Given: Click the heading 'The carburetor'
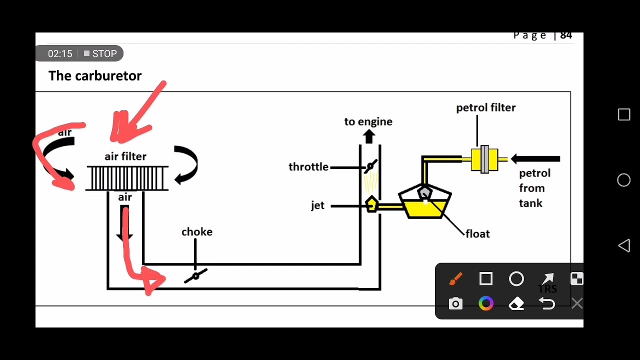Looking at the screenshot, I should (x=95, y=76).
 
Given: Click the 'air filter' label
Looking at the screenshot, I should (x=125, y=156).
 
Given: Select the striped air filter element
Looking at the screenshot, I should (x=127, y=178).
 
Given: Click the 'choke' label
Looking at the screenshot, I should (x=196, y=232).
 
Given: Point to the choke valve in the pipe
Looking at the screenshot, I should (x=195, y=275).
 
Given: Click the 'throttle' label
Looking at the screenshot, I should (x=308, y=167).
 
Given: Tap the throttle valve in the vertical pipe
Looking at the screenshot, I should (x=370, y=167).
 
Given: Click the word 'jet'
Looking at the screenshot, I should (x=317, y=205).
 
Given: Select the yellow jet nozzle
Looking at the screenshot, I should (x=371, y=204).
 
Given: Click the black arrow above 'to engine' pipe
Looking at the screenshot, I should (x=369, y=136).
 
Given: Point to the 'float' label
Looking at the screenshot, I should (x=477, y=234).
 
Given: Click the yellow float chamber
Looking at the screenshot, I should (x=424, y=208).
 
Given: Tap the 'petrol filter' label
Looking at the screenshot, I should (x=485, y=108).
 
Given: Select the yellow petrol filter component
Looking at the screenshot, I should (x=484, y=159).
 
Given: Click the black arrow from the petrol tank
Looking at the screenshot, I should (x=535, y=159).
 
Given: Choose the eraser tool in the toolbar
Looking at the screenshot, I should (x=516, y=303).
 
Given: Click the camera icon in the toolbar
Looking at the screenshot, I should (x=455, y=303).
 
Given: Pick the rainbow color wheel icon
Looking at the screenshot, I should (x=486, y=303).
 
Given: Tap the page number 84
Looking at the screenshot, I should (x=566, y=35).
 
